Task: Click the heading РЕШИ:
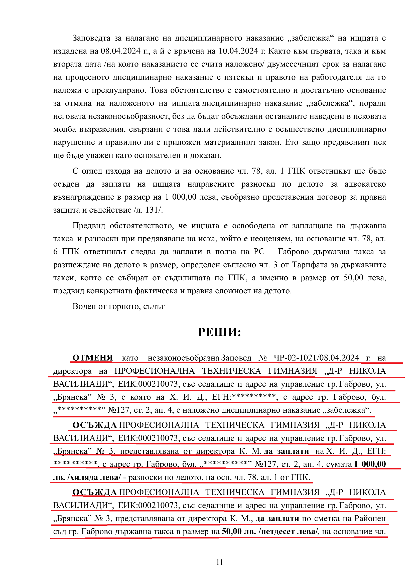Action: [x=219, y=332]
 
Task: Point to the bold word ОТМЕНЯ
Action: [x=93, y=358]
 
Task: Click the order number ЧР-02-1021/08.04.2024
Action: [x=316, y=358]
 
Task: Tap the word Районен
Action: [x=370, y=518]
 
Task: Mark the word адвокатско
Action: [x=365, y=184]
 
